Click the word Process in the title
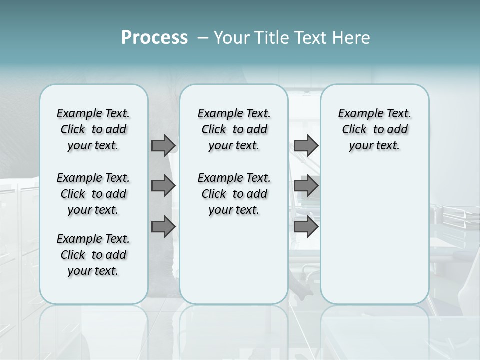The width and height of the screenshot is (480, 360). [x=154, y=38]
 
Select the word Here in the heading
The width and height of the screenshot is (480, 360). [x=350, y=38]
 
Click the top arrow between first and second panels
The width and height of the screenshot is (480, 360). [x=163, y=145]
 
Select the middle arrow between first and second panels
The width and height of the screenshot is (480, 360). [x=163, y=186]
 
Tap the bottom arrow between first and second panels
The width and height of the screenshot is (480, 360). [x=163, y=226]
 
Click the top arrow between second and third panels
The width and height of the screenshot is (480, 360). [x=306, y=145]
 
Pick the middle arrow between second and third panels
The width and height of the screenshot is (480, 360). [x=306, y=186]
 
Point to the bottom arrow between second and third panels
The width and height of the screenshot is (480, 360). [x=306, y=226]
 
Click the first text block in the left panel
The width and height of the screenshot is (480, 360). [x=93, y=129]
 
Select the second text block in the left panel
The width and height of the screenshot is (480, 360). [x=93, y=194]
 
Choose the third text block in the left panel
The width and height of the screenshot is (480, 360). [x=93, y=255]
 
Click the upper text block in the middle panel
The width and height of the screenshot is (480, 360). [x=234, y=129]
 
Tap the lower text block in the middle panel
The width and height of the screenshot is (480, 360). [x=234, y=194]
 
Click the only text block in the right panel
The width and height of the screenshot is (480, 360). [x=374, y=129]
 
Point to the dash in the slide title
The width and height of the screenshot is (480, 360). [x=203, y=38]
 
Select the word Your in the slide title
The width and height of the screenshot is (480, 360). [x=230, y=38]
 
